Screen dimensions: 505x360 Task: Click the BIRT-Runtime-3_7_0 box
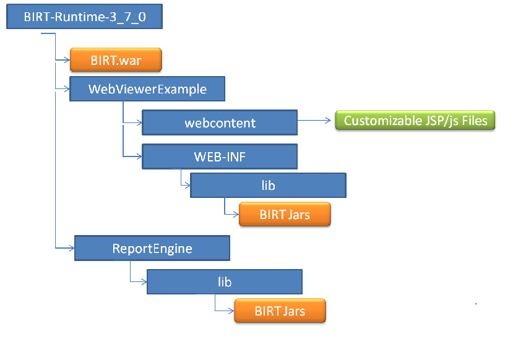pos(84,17)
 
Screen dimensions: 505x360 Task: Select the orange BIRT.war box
pos(116,60)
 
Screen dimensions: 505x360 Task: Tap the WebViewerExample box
pos(147,89)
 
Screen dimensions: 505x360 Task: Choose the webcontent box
pos(220,122)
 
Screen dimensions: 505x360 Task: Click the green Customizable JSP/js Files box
pos(415,121)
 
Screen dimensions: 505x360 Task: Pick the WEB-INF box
pos(220,156)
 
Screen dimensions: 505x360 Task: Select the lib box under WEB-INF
pos(269,185)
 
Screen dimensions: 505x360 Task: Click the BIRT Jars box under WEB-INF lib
pos(285,215)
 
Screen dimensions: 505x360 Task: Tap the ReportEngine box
pos(152,248)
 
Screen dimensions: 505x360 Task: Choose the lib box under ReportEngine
pos(225,282)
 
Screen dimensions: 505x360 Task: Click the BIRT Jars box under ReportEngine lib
pos(280,311)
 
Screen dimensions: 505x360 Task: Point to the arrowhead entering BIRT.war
pos(67,60)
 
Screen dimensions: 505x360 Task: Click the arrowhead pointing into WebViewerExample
pos(66,89)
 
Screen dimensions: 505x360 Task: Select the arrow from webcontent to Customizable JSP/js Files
pos(314,121)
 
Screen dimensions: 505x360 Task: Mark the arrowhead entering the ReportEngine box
pos(71,248)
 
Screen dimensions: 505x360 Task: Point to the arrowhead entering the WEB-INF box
pos(139,157)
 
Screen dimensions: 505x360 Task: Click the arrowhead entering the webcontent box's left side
pos(139,122)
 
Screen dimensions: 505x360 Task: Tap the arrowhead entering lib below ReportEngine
pos(144,282)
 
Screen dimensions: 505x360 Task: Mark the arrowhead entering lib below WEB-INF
pos(187,185)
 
